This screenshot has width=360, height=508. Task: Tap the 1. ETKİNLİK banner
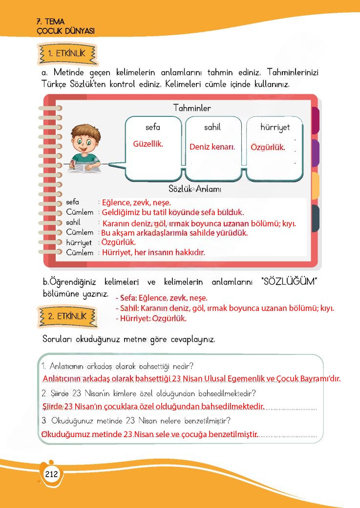coord(67,54)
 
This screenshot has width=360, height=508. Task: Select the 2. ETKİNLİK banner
coord(67,316)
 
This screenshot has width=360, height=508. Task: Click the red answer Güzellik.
coord(148,144)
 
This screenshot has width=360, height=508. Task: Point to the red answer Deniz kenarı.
coord(212,147)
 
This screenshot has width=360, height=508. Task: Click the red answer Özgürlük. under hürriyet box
coord(268,147)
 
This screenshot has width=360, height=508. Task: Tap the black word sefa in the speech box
coord(153,127)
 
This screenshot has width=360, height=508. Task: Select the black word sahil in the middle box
coord(212,127)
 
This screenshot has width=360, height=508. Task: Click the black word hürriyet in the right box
coord(275,127)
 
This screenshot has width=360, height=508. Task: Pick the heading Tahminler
coord(192,108)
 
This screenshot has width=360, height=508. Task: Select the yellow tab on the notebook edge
coord(316,185)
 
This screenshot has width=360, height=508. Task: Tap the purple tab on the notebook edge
coord(316,153)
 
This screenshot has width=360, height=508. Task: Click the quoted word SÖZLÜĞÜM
coord(290,282)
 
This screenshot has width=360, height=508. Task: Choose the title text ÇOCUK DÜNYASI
coord(65,30)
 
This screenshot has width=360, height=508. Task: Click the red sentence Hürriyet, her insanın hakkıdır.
coord(153,253)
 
